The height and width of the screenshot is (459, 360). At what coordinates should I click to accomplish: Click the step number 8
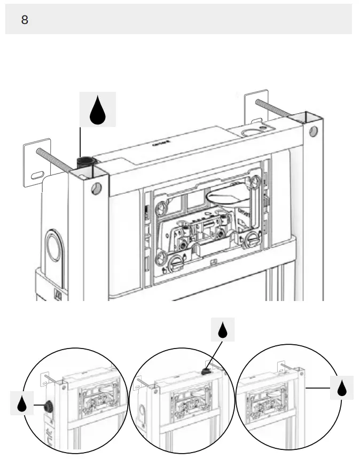25,20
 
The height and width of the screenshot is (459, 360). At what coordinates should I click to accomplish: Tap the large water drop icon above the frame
97,109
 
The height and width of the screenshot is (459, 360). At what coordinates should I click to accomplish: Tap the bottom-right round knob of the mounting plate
249,240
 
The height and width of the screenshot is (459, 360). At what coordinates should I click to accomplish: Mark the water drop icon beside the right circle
342,387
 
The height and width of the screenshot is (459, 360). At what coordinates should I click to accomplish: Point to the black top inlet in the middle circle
205,370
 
